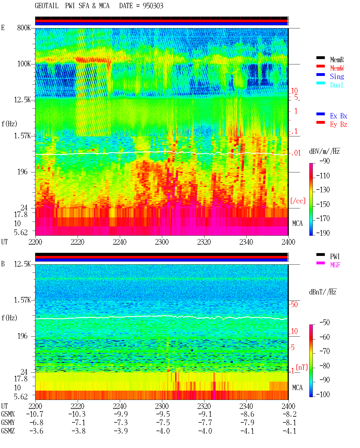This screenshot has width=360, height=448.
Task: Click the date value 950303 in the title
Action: (x=153, y=6)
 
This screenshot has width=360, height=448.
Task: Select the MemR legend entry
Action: (x=337, y=60)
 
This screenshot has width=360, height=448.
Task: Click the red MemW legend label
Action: (x=337, y=68)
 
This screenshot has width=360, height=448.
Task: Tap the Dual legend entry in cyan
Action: (x=336, y=85)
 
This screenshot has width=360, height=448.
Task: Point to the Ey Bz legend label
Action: (x=338, y=124)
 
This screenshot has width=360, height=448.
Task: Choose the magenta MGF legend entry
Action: (x=335, y=265)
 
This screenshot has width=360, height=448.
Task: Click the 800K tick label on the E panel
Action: (x=24, y=28)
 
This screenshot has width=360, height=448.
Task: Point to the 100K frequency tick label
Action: (x=24, y=64)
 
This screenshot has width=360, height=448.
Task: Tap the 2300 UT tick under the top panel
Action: (x=162, y=242)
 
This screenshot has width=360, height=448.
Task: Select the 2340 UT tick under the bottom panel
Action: (x=246, y=406)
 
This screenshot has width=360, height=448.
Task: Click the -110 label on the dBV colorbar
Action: (x=323, y=176)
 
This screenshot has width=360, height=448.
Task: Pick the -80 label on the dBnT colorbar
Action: (x=325, y=366)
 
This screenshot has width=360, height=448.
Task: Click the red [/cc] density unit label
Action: (x=298, y=201)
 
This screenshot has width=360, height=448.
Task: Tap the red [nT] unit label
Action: (x=302, y=367)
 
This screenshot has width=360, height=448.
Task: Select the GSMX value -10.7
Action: (x=35, y=414)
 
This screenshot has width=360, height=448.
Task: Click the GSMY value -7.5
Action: (x=163, y=423)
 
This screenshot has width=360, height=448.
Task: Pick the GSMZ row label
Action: (x=8, y=431)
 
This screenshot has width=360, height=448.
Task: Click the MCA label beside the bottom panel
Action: (x=297, y=388)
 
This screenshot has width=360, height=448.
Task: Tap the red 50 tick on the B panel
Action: (x=294, y=305)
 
